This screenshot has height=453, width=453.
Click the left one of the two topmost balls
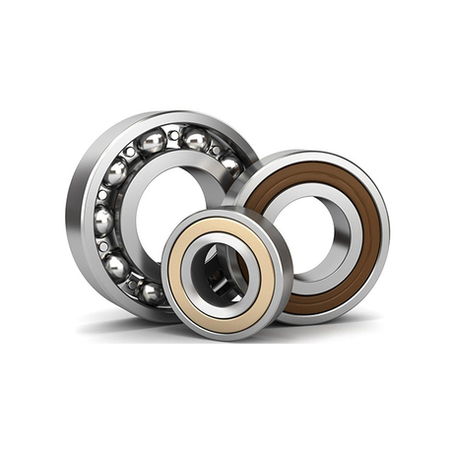pyautogui.click(x=152, y=144)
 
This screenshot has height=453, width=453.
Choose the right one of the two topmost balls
pyautogui.click(x=196, y=141)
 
